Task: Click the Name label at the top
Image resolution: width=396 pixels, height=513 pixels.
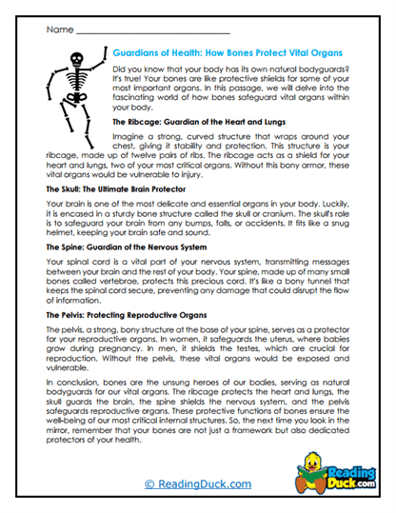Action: pyautogui.click(x=58, y=30)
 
